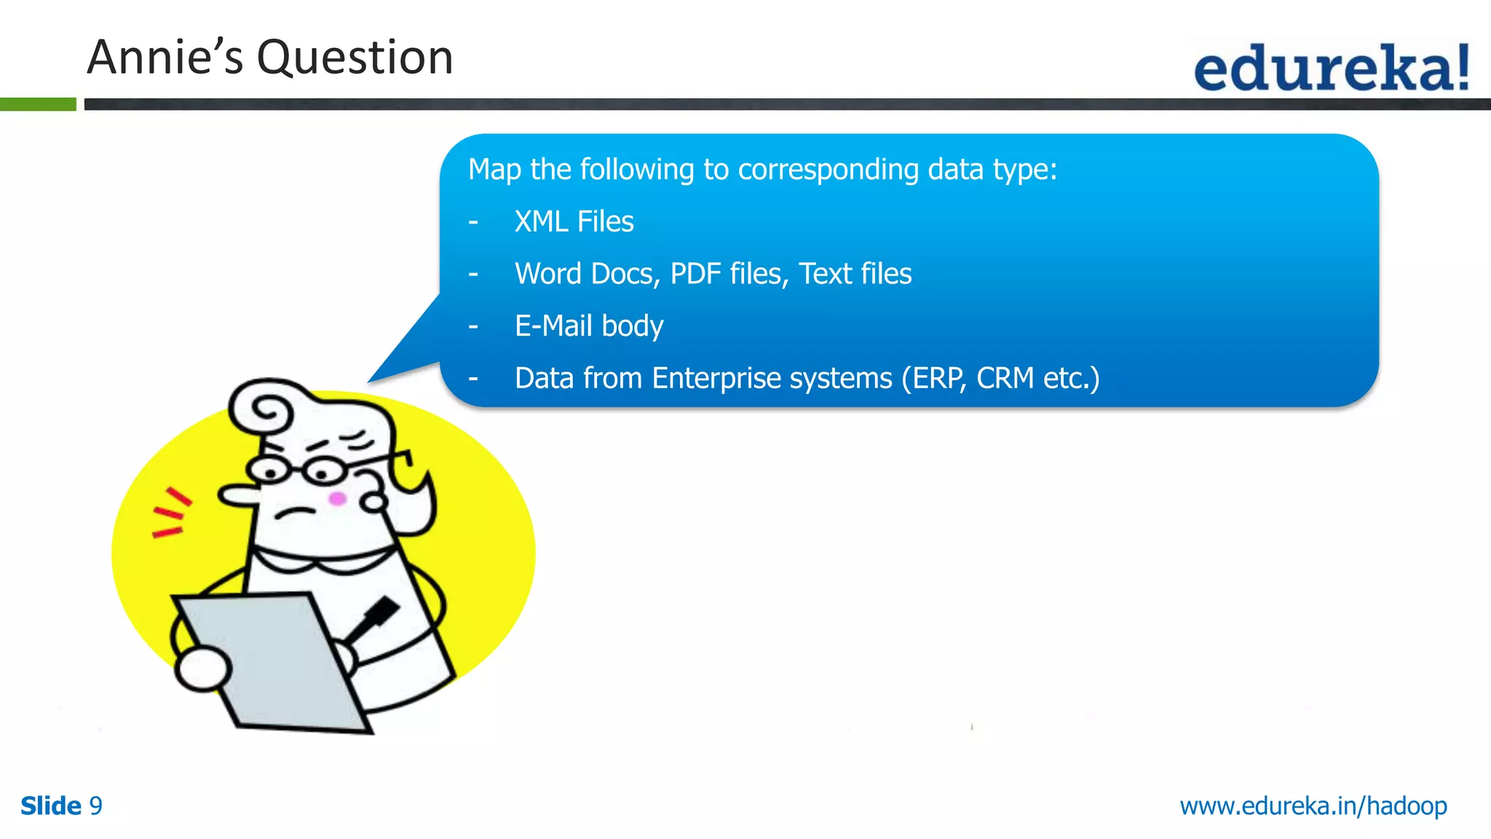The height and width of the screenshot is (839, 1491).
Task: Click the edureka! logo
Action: [x=1331, y=68]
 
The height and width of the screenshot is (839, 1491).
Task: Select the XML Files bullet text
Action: [x=574, y=221]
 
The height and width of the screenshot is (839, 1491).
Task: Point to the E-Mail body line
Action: [x=588, y=326]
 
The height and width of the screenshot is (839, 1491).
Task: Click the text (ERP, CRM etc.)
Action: [x=1000, y=378]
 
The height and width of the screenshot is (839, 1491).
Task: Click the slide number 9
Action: [x=95, y=805]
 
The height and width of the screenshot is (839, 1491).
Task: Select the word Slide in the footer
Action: [x=51, y=805]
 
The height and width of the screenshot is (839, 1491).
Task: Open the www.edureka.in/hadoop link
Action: [x=1313, y=805]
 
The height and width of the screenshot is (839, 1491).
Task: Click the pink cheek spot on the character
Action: [x=337, y=499]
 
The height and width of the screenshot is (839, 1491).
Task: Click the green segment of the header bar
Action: [x=38, y=104]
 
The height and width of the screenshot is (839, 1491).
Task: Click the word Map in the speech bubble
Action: [x=494, y=169]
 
